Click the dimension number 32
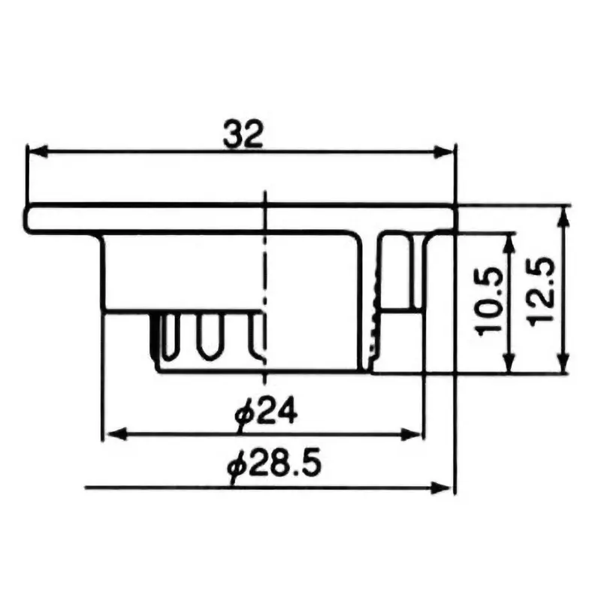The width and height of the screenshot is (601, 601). (x=243, y=134)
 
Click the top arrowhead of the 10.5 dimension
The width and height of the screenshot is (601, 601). (x=512, y=240)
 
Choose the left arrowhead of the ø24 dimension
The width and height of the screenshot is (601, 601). (x=111, y=433)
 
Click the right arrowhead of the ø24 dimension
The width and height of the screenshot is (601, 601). (x=415, y=433)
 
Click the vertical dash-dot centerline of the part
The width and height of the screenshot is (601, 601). (x=264, y=285)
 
